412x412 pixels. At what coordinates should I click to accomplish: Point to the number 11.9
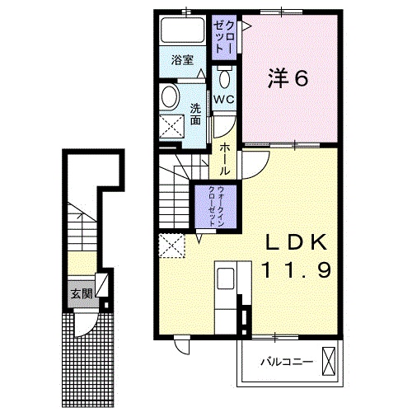click(297, 269)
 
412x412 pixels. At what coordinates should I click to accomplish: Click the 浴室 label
click(182, 60)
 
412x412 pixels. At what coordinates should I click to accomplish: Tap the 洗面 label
click(195, 115)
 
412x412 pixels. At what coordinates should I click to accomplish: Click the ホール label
click(224, 158)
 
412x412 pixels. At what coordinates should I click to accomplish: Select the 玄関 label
click(80, 293)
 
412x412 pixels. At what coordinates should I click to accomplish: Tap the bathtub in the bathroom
click(183, 33)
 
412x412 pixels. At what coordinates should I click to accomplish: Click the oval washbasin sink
click(170, 97)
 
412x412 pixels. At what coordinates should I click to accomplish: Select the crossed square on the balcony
click(330, 361)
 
